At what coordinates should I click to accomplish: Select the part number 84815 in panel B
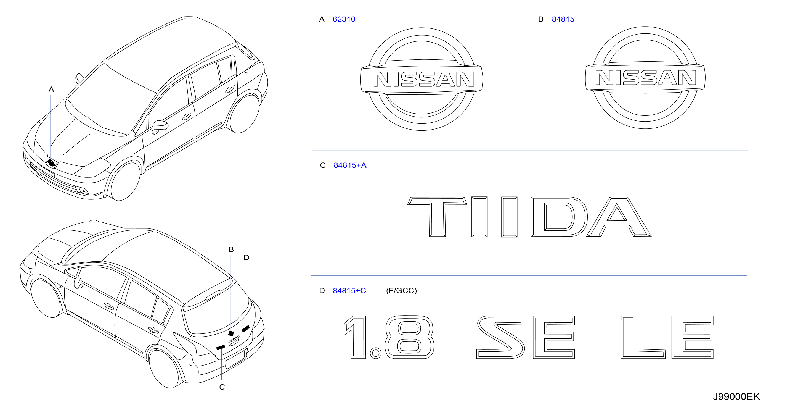[563, 19]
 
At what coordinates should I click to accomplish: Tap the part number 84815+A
[350, 165]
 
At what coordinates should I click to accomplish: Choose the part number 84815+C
[349, 291]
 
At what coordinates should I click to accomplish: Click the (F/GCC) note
[401, 291]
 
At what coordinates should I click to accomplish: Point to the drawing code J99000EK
[736, 396]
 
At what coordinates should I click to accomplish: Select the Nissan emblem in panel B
[645, 77]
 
